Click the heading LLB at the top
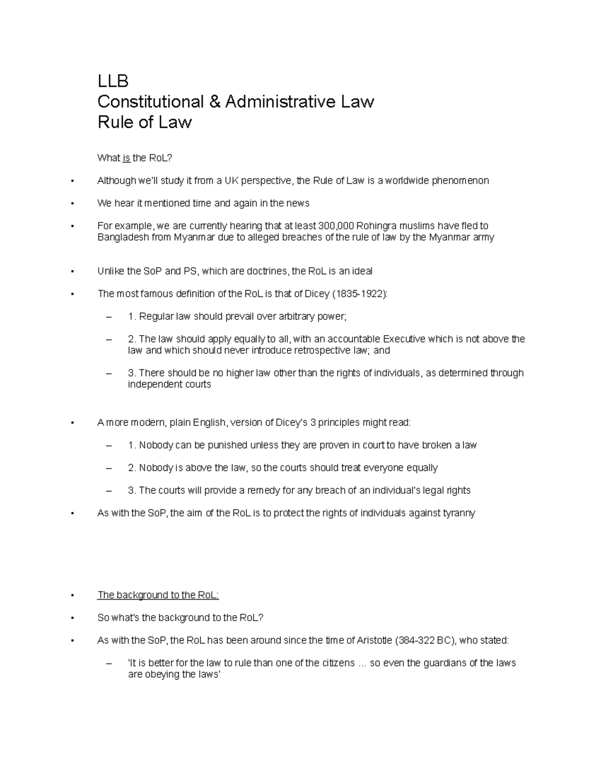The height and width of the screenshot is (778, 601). click(113, 81)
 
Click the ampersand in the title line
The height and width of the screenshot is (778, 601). click(214, 102)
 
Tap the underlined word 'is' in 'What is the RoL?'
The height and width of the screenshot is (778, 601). click(126, 158)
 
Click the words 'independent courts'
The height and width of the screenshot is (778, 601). click(169, 385)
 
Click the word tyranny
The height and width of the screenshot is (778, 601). click(457, 513)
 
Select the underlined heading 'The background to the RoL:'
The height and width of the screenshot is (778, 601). click(158, 595)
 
